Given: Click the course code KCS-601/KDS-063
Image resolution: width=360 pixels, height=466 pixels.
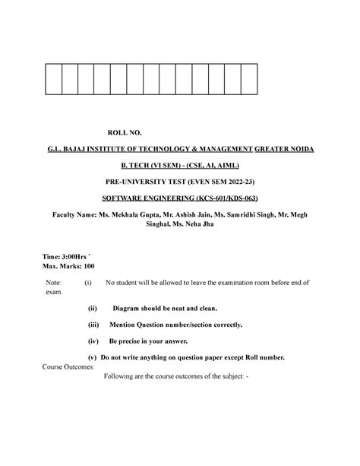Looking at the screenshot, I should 229,199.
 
